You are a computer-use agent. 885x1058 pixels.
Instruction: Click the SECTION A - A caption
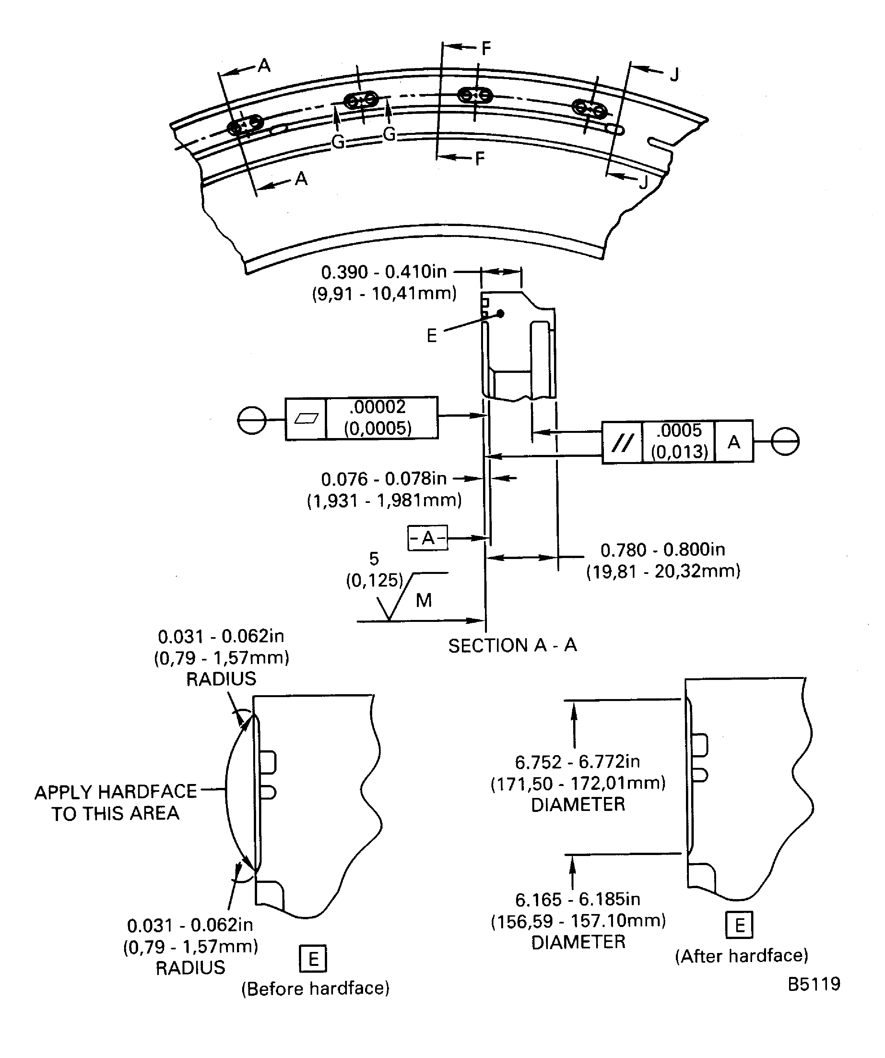coord(512,645)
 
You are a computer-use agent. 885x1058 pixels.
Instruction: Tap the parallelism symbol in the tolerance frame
coord(622,442)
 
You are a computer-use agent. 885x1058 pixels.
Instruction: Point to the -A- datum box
coord(428,538)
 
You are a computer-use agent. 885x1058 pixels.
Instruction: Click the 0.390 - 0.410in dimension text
coord(384,272)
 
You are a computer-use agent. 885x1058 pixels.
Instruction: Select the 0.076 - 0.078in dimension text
coord(384,479)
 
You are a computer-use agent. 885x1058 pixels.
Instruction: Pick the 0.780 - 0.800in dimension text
coord(663,550)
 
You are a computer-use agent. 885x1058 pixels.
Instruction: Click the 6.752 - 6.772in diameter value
coord(577,762)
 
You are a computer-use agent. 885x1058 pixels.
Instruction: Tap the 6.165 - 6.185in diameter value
coord(577,899)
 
